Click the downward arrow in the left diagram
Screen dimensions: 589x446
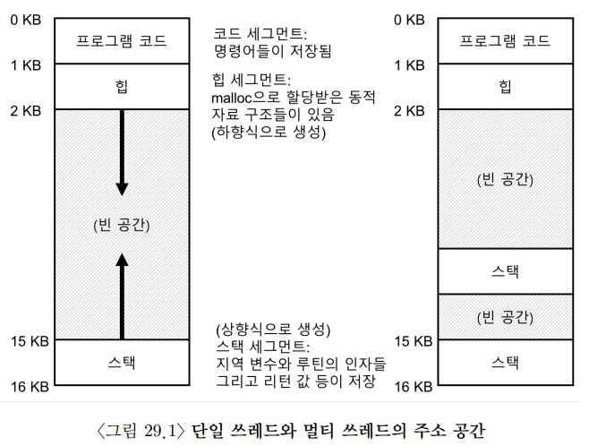point(122,152)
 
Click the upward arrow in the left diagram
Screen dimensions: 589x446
point(122,296)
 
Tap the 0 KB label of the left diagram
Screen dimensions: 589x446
point(26,20)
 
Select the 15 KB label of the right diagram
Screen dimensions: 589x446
point(414,341)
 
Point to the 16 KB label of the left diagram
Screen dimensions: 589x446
point(30,387)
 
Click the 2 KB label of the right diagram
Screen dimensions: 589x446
point(409,111)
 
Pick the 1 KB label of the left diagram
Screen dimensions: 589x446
point(26,65)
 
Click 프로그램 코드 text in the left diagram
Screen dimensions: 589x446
point(122,40)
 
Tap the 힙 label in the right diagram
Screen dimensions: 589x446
point(505,86)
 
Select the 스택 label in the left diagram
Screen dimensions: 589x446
point(122,363)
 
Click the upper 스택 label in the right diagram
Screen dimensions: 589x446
point(505,271)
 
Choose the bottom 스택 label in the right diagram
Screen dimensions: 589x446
point(505,363)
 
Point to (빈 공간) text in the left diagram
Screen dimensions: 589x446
point(122,225)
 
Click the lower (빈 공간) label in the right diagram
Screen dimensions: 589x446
point(505,317)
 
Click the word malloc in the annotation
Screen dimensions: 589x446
point(231,99)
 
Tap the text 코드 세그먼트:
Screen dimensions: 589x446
point(260,34)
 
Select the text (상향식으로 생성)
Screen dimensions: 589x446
point(273,330)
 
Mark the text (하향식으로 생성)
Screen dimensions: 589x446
point(269,132)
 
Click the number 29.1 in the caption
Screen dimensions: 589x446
point(160,431)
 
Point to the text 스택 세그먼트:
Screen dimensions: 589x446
point(263,346)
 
